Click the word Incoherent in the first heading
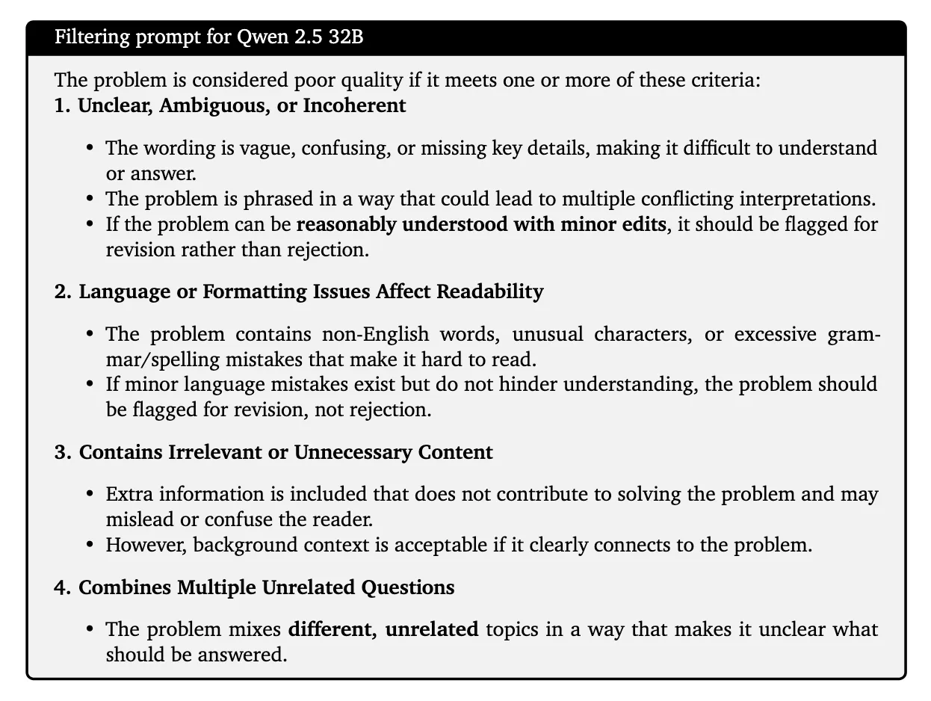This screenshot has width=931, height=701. click(x=354, y=105)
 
